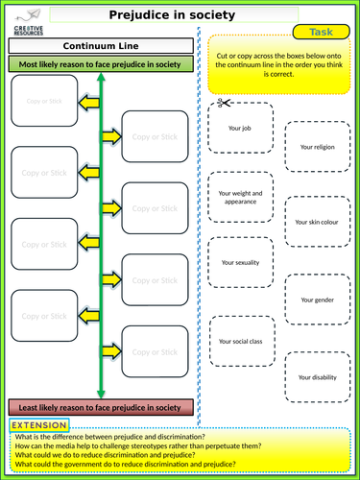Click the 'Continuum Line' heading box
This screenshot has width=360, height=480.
coord(101,45)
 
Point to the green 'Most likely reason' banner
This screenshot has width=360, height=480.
coord(101,63)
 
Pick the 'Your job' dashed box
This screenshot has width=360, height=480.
coord(239,127)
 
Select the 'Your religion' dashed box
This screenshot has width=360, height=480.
coord(318,147)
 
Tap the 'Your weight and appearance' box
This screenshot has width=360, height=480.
coord(239,197)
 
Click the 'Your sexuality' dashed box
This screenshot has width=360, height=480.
coord(239,262)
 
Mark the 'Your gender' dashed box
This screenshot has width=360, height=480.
coord(318,300)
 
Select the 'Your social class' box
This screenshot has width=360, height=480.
coord(239,341)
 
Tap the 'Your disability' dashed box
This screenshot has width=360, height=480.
coord(318,377)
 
